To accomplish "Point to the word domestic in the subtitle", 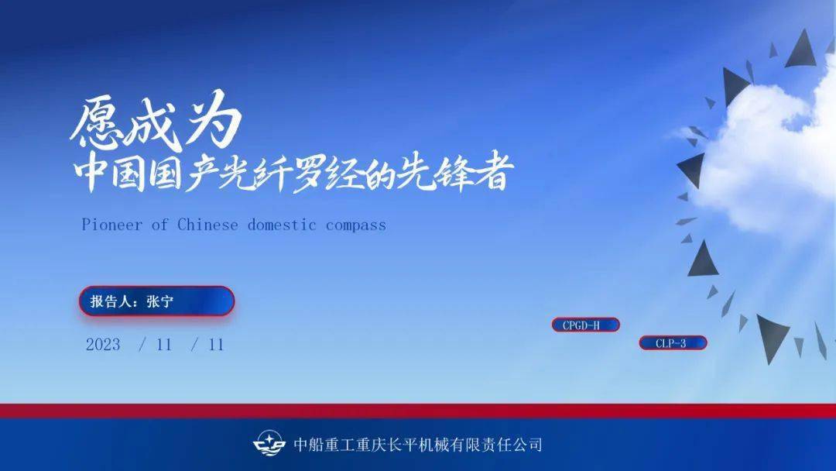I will (282, 225).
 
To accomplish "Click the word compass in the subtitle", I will (355, 225).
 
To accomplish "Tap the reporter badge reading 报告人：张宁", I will (156, 301).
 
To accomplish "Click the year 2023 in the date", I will (103, 345).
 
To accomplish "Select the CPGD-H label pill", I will (585, 325).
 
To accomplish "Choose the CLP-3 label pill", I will (672, 343).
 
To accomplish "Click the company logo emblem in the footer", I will (269, 444).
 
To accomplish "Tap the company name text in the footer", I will (418, 445).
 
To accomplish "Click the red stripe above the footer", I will (418, 411).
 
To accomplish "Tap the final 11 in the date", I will (216, 345).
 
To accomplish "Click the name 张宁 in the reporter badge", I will (160, 301).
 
